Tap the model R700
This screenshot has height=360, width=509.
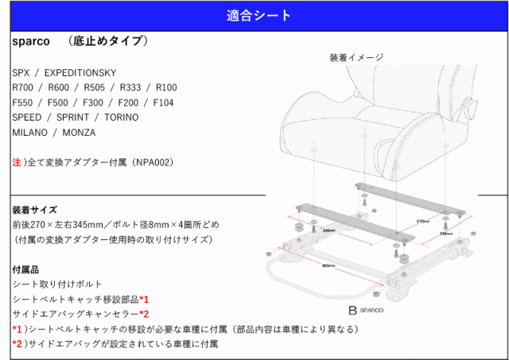point(24,87)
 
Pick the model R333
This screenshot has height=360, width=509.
point(126,87)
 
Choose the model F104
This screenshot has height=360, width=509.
point(162,103)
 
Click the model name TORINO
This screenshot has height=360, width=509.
point(122,118)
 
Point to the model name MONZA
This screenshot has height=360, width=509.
point(78,132)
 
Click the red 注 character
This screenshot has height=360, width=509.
point(17,162)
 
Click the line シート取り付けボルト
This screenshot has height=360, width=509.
point(52,284)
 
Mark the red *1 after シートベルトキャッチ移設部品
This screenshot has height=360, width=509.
point(144,299)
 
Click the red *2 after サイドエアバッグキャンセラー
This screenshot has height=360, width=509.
point(144,314)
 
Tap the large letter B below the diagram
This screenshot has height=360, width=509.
point(351,311)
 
